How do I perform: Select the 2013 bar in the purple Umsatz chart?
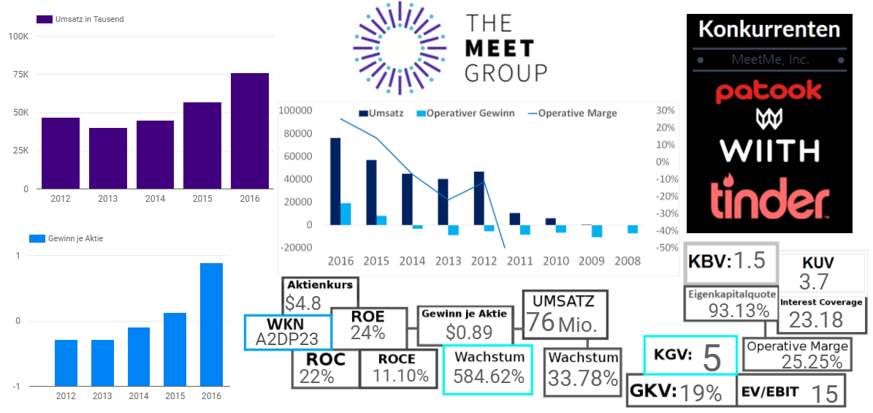point(108,158)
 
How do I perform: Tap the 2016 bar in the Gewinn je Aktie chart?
point(211,324)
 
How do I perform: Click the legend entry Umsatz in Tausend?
point(80,19)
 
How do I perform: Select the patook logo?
point(769,92)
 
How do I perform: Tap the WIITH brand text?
point(769,150)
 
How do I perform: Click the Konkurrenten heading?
point(769,30)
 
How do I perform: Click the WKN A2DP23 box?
point(287,332)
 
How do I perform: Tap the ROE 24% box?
point(367,326)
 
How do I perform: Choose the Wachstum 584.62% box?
point(489,368)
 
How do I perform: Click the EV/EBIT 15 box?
point(790,390)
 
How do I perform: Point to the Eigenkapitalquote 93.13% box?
point(728,303)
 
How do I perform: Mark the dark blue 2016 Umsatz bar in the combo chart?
point(335,181)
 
